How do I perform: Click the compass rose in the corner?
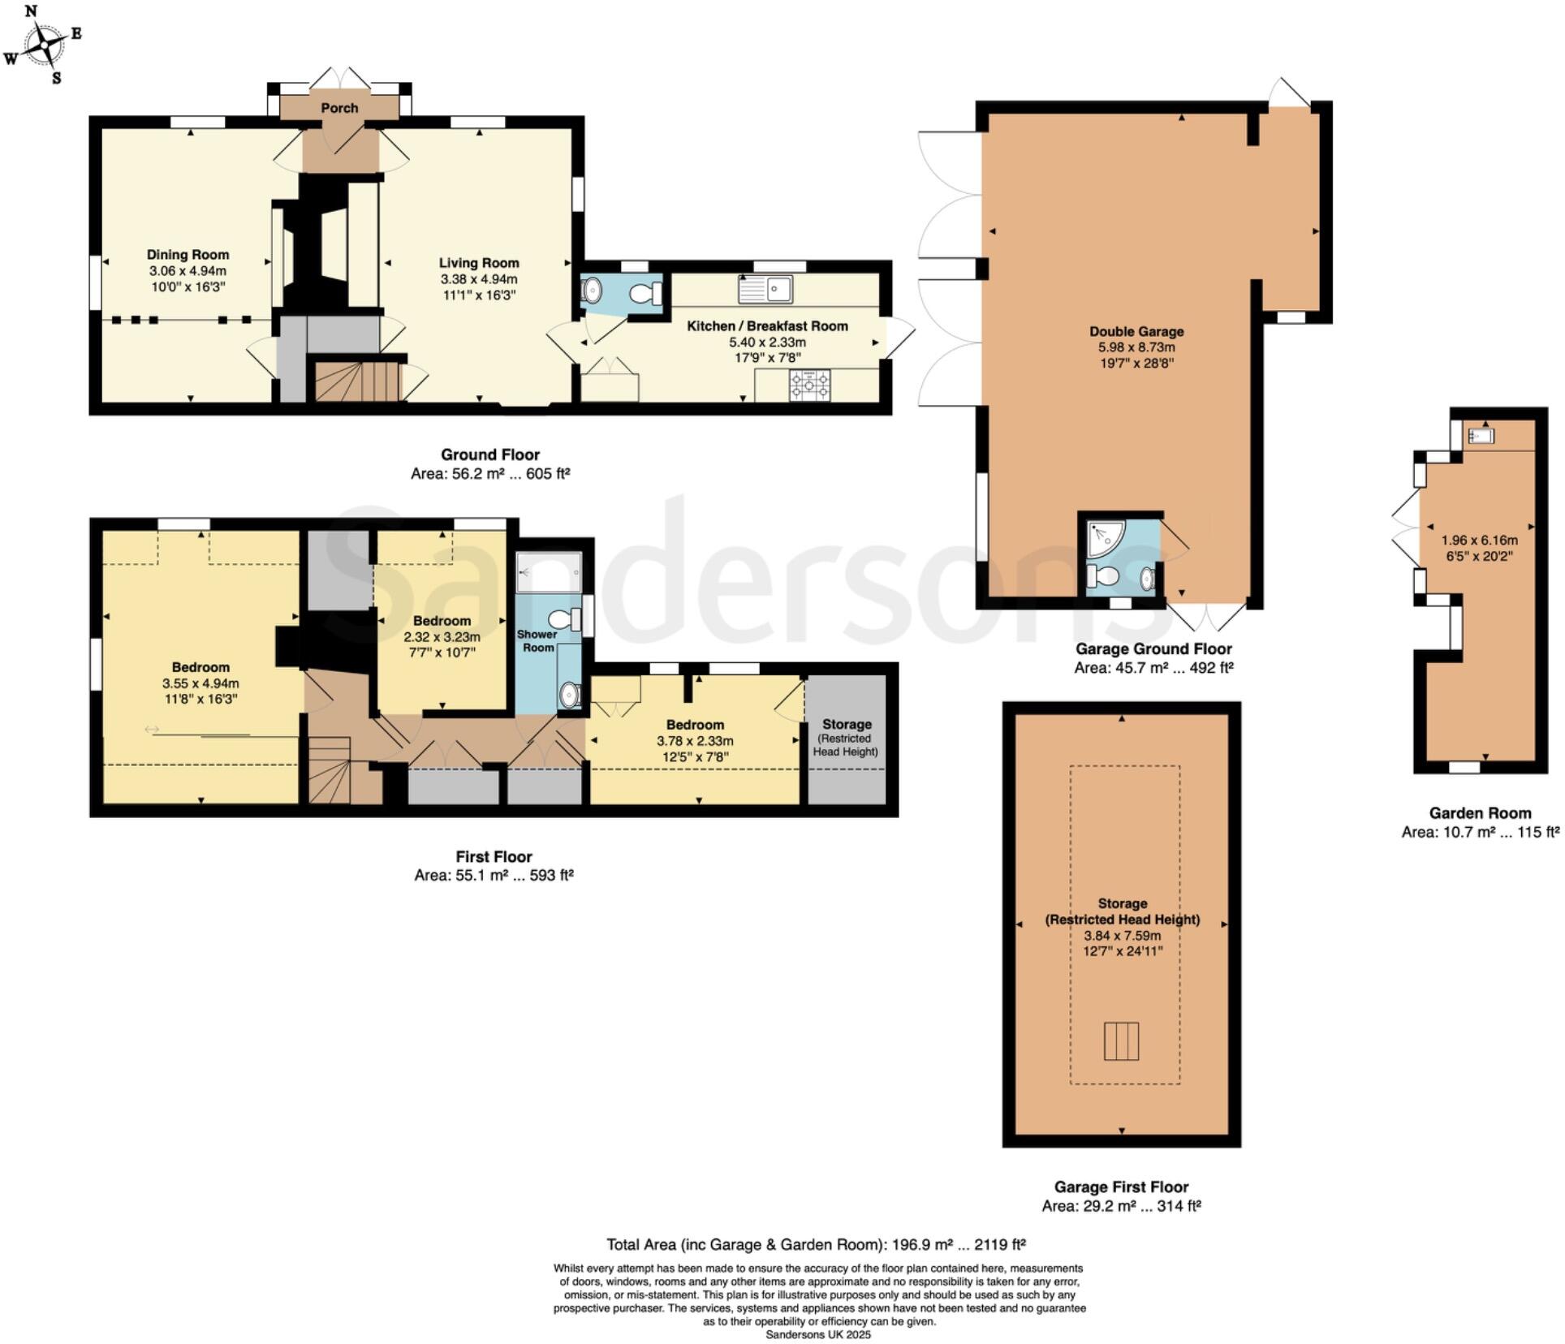45,44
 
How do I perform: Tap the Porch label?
339,108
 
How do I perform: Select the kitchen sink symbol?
765,288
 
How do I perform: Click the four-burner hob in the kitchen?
810,385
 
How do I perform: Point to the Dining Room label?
188,255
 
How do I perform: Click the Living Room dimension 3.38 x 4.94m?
478,279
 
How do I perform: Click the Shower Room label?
537,641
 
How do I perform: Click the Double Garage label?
1136,331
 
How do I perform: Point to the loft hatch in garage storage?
1121,1041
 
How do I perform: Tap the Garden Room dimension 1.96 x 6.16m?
1479,540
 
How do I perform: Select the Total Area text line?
816,1244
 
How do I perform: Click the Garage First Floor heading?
1121,1187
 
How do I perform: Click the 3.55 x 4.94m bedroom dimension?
200,683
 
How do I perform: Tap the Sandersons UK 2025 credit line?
817,1334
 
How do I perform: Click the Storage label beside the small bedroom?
847,724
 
